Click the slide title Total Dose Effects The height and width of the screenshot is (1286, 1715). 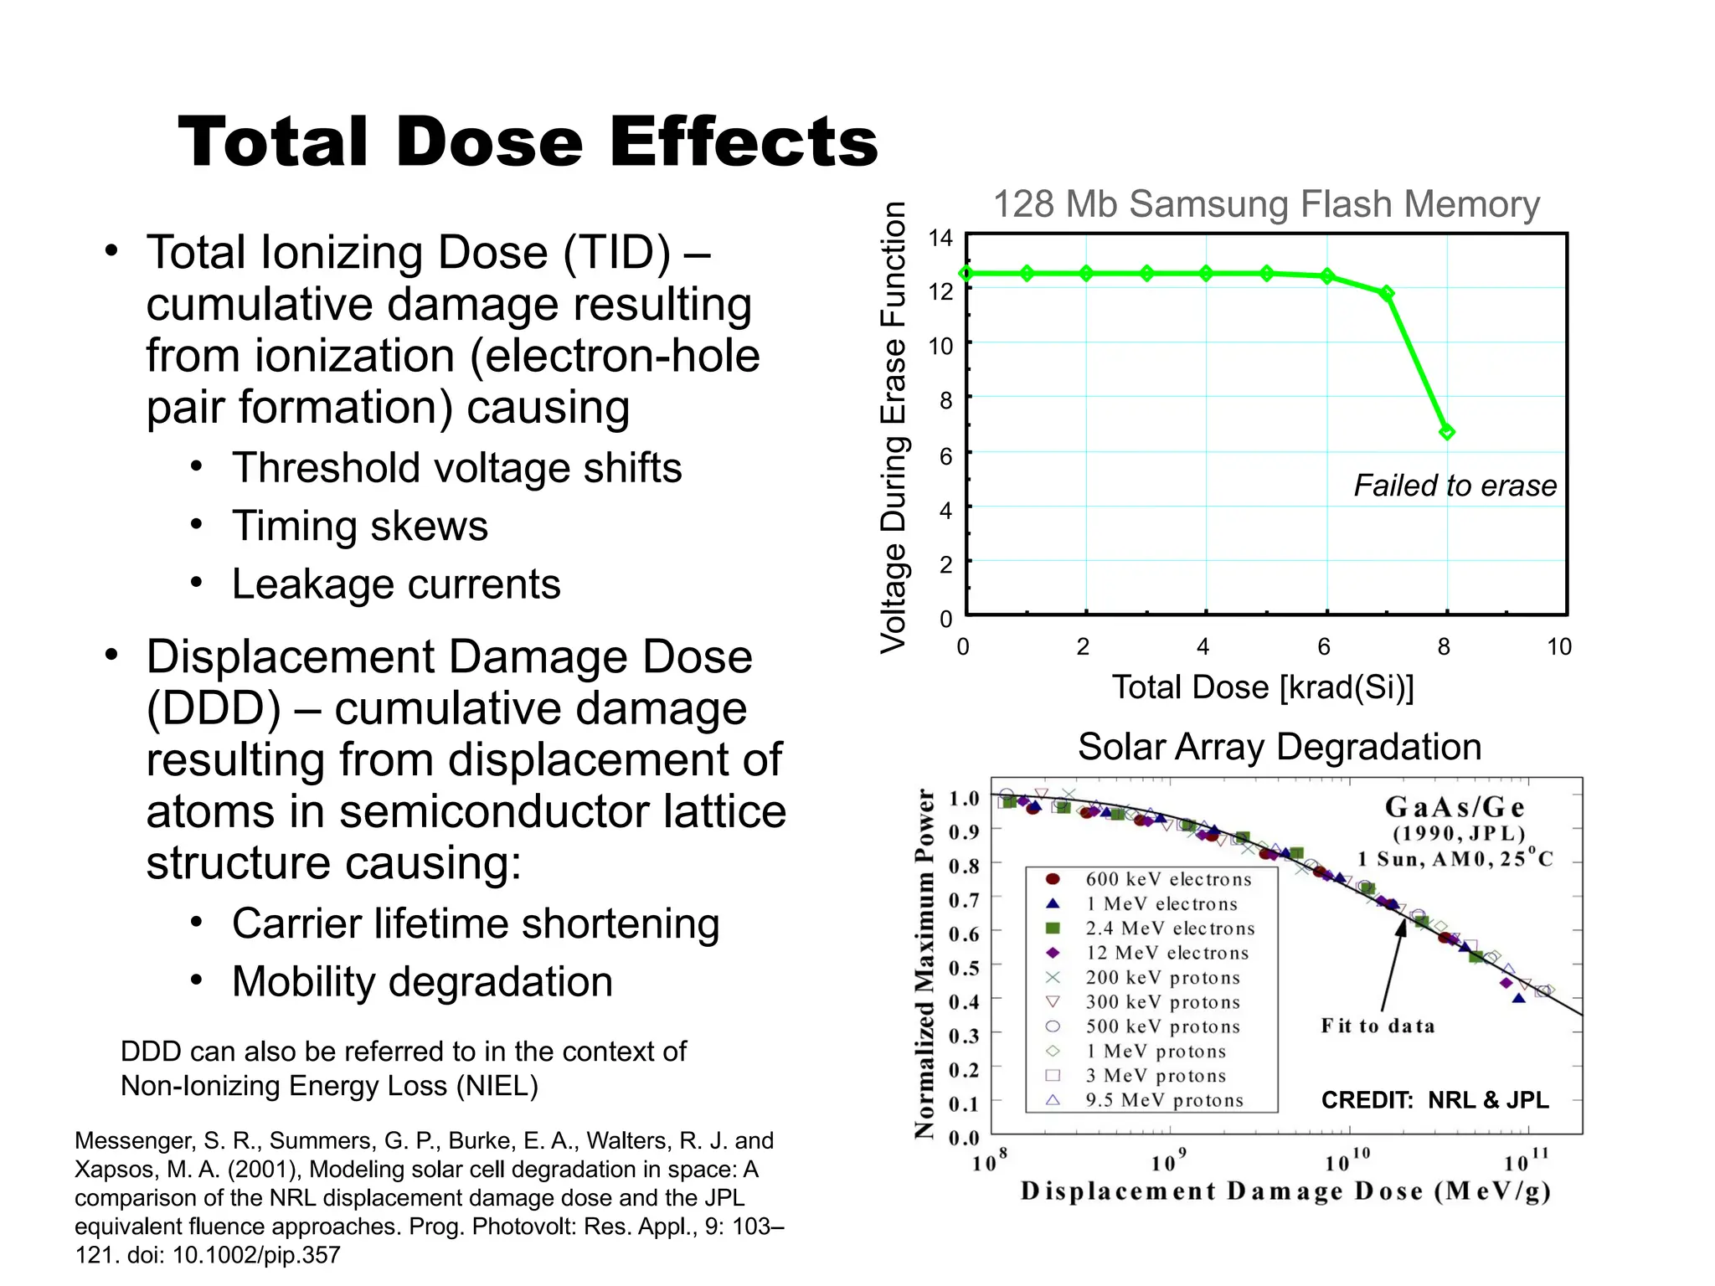point(528,142)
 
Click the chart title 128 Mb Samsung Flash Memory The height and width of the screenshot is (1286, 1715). point(1265,204)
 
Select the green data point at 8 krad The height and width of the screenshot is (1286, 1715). point(1446,432)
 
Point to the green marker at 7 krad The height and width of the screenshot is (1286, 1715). point(1387,293)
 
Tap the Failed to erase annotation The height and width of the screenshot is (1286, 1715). point(1455,486)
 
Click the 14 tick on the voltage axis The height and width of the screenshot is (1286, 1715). point(940,239)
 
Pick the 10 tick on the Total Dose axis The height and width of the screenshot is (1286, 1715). point(1558,646)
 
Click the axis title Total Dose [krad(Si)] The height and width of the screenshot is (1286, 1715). point(1262,687)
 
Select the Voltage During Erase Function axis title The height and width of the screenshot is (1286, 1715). point(894,427)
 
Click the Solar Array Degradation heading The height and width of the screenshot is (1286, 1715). point(1279,747)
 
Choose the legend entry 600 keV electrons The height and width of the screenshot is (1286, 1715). point(1167,879)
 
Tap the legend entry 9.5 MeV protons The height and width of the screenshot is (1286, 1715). point(1164,1100)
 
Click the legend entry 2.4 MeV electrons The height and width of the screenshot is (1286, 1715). point(1170,928)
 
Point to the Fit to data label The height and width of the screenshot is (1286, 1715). point(1378,1026)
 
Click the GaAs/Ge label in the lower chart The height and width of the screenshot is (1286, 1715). point(1455,807)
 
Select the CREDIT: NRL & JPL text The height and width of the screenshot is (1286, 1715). point(1434,1100)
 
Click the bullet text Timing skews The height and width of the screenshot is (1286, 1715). point(360,527)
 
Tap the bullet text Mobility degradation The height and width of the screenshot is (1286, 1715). point(422,982)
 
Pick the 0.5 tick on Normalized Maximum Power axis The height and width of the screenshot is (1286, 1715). point(963,968)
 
